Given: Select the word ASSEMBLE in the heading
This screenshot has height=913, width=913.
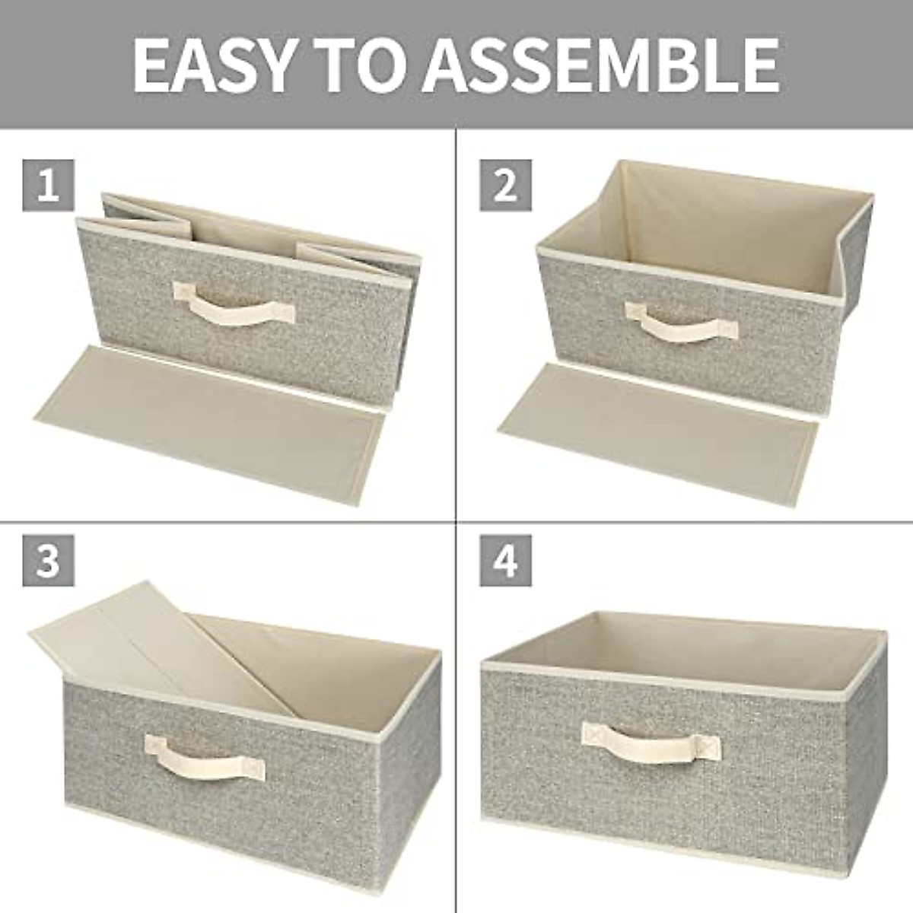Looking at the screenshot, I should tap(601, 64).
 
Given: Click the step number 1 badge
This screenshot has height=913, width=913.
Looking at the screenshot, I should tap(48, 185).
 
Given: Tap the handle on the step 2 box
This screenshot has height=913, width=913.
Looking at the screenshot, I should tap(681, 320).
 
